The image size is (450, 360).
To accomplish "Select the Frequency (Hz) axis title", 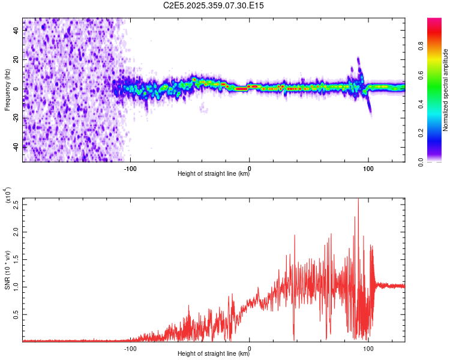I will (7, 89).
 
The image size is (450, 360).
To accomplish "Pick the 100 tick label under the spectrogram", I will (368, 167).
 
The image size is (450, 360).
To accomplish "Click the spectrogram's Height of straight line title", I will (214, 174).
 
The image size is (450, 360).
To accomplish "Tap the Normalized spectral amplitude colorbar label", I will (446, 90).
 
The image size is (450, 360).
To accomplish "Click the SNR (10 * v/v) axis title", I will (7, 269).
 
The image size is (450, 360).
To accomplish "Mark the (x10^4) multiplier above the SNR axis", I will (7, 196).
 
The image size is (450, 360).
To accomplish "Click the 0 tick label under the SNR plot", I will (250, 347).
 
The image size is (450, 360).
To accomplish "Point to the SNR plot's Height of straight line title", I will (214, 354).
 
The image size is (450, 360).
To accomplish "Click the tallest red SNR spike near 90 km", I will (358, 200).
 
